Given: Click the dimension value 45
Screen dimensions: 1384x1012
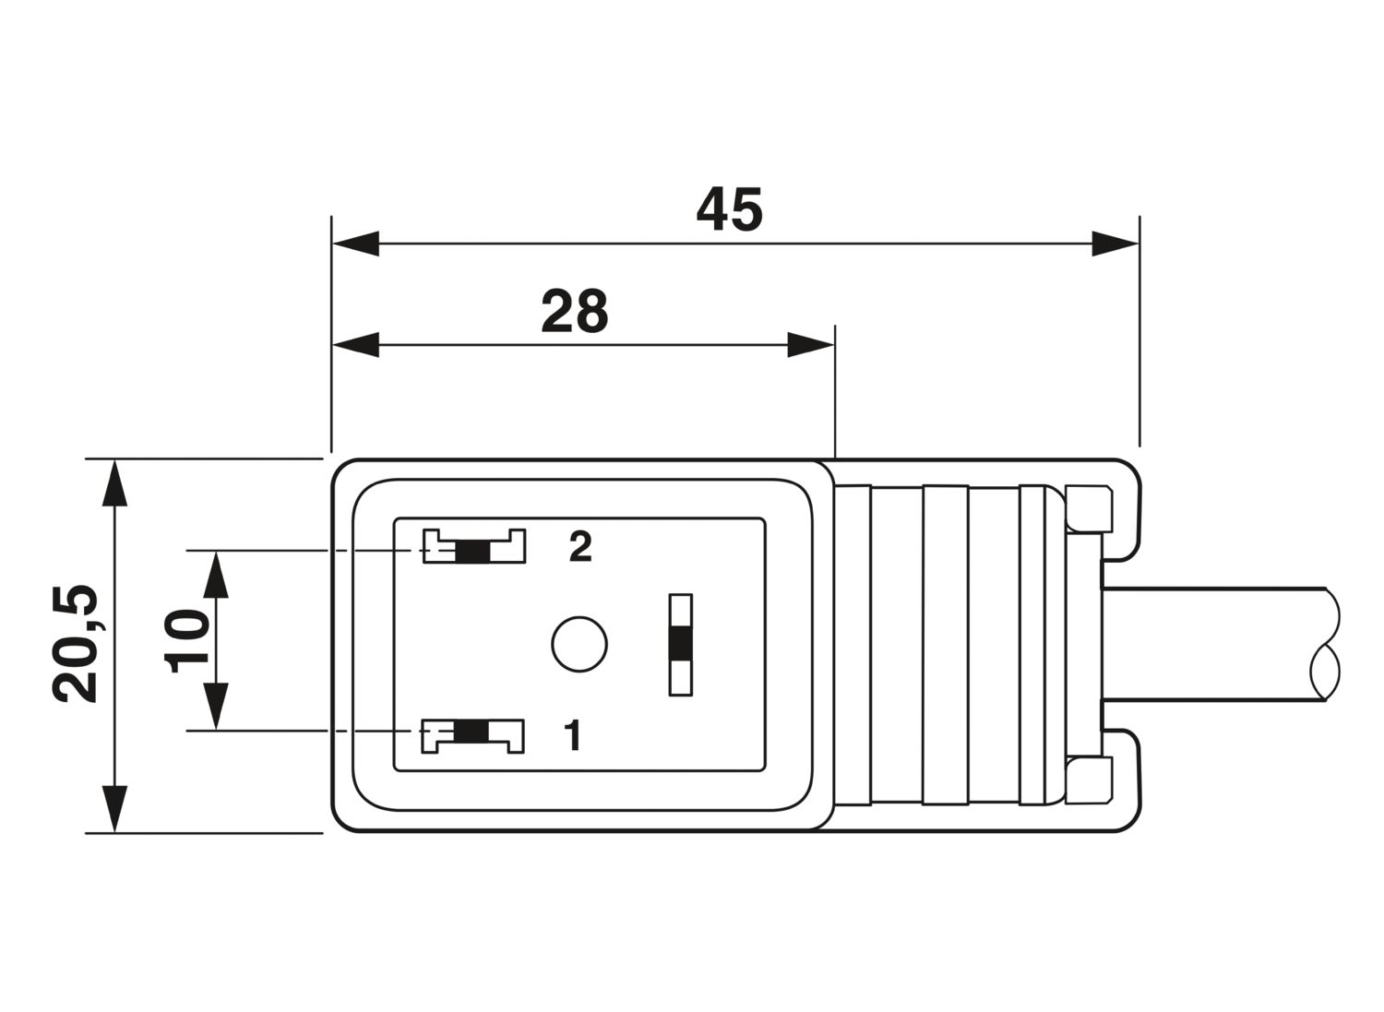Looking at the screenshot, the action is coord(730,209).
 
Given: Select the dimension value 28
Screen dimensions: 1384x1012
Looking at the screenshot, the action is coord(575,311).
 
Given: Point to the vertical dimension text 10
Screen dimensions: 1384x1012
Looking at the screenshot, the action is coord(186,641).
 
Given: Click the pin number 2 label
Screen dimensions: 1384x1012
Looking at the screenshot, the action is coord(580,546).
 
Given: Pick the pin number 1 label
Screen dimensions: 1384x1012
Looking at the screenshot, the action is coord(573,734).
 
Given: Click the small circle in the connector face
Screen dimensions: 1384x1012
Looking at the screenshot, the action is coord(579,644).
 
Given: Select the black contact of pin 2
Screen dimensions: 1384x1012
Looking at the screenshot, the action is coord(472,552).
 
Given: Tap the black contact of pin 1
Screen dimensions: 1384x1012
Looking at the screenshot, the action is coord(471,732).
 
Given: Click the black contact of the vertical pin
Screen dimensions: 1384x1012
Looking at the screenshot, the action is coord(681,644).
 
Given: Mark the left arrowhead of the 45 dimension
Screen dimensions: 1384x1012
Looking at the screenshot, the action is coord(356,244).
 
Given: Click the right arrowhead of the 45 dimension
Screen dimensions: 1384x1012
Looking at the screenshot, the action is coord(1115,244).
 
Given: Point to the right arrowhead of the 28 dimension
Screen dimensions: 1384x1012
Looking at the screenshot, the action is coord(811,345).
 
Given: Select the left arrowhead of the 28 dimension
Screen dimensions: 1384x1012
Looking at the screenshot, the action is coord(356,345).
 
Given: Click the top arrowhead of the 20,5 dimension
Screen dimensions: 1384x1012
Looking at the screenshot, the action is coord(114,483).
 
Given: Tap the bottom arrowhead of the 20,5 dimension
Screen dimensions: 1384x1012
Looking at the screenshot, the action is coord(114,809).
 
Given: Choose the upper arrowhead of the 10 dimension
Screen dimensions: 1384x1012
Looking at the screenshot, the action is coord(216,575).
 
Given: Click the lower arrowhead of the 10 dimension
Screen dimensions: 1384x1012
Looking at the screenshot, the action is coord(216,706).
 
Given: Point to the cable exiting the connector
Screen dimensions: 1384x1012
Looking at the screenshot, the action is coord(1216,644).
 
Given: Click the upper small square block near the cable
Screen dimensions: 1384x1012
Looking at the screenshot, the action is coord(1090,509).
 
